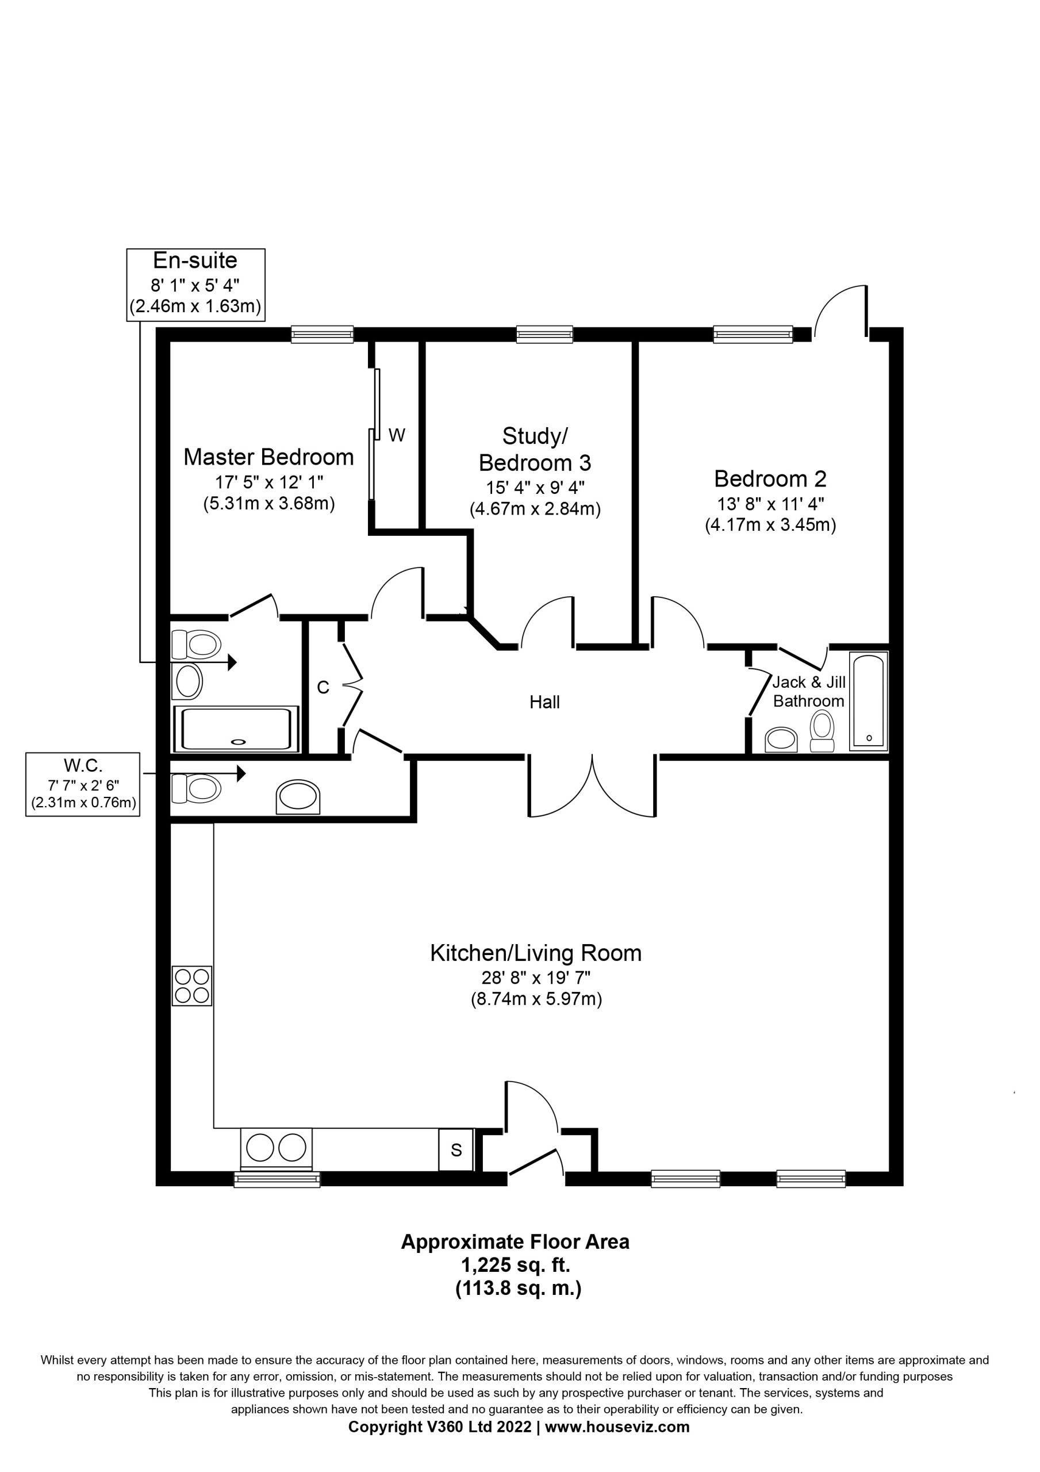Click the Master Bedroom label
(268, 457)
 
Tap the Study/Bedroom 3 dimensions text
(535, 498)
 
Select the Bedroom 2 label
(770, 479)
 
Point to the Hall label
(544, 702)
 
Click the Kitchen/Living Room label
(535, 953)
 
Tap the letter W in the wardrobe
(397, 435)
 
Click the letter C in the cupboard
(323, 687)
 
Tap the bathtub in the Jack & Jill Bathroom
(869, 701)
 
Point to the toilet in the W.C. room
(195, 788)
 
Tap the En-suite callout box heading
(195, 260)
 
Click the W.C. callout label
(83, 765)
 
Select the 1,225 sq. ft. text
(516, 1265)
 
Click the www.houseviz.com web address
(617, 1427)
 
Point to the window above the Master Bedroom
(322, 334)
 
